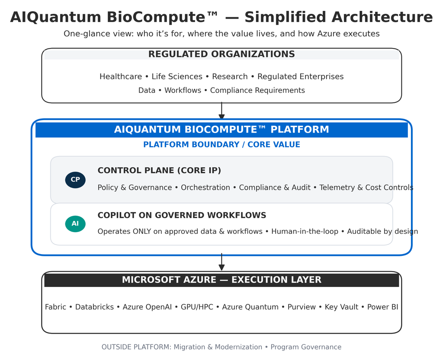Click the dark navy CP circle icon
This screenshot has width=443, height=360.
click(75, 180)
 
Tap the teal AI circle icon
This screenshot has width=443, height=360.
click(75, 224)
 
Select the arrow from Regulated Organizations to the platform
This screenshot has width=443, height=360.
click(221, 111)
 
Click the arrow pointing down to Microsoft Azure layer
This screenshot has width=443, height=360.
click(221, 262)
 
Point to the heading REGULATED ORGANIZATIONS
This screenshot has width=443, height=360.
click(221, 54)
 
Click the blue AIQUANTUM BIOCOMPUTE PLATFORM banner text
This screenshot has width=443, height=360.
click(221, 130)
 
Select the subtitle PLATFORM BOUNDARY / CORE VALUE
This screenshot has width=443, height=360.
click(221, 145)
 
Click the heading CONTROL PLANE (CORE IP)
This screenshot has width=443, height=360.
click(159, 171)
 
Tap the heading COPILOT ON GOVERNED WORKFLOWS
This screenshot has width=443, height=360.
click(182, 216)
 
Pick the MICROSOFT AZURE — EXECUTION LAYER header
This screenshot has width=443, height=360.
click(221, 280)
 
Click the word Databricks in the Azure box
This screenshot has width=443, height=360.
click(94, 307)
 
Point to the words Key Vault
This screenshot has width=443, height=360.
click(341, 307)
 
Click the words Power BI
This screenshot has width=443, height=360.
click(382, 307)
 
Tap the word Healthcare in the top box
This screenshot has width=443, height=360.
click(120, 77)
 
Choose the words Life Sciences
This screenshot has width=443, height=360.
click(177, 77)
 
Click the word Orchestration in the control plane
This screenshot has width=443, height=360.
click(205, 188)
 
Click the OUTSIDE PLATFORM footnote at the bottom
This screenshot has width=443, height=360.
click(221, 347)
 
